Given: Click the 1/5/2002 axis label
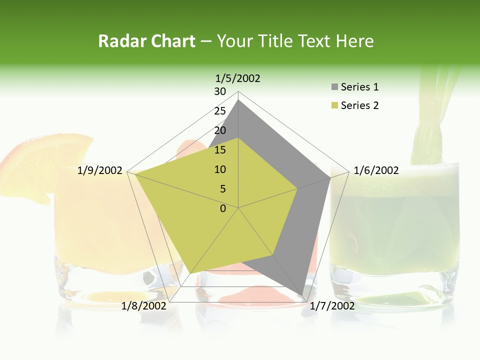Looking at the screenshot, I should (237, 78).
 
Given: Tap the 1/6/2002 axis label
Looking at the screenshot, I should (376, 170).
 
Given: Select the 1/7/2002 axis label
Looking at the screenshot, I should (332, 306).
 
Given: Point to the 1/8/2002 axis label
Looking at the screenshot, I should (144, 306).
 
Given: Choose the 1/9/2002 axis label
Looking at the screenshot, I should (100, 170).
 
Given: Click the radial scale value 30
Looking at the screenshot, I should (220, 91).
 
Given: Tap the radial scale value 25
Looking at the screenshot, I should (220, 111).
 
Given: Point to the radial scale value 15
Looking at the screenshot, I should (220, 150).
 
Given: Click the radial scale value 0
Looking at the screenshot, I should (223, 208).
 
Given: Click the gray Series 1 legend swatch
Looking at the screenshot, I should (334, 87).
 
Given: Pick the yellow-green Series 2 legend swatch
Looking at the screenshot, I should (334, 105).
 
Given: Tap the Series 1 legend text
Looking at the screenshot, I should (359, 87).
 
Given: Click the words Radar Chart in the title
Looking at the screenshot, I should (146, 41).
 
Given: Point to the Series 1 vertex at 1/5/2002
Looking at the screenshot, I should (238, 100).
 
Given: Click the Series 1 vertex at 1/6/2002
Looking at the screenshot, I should (330, 177).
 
